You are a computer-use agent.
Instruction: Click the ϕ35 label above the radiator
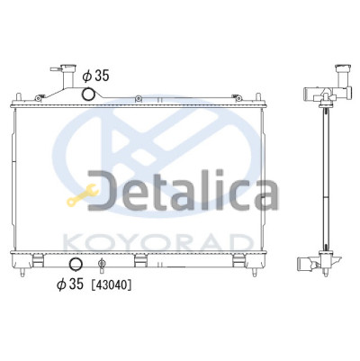pyautogui.click(x=96, y=77)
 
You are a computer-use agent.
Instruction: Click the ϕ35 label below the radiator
pyautogui.click(x=70, y=284)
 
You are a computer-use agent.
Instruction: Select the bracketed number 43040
pyautogui.click(x=111, y=285)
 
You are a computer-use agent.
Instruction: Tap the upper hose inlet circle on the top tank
pyautogui.click(x=89, y=94)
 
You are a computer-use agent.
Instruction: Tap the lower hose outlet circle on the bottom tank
pyautogui.click(x=76, y=264)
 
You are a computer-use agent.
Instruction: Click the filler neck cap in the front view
pyautogui.click(x=67, y=68)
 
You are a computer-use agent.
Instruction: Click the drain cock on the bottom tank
pyautogui.click(x=102, y=264)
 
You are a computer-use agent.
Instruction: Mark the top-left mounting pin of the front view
pyautogui.click(x=18, y=96)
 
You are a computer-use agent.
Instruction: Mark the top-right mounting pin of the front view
pyautogui.click(x=257, y=96)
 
